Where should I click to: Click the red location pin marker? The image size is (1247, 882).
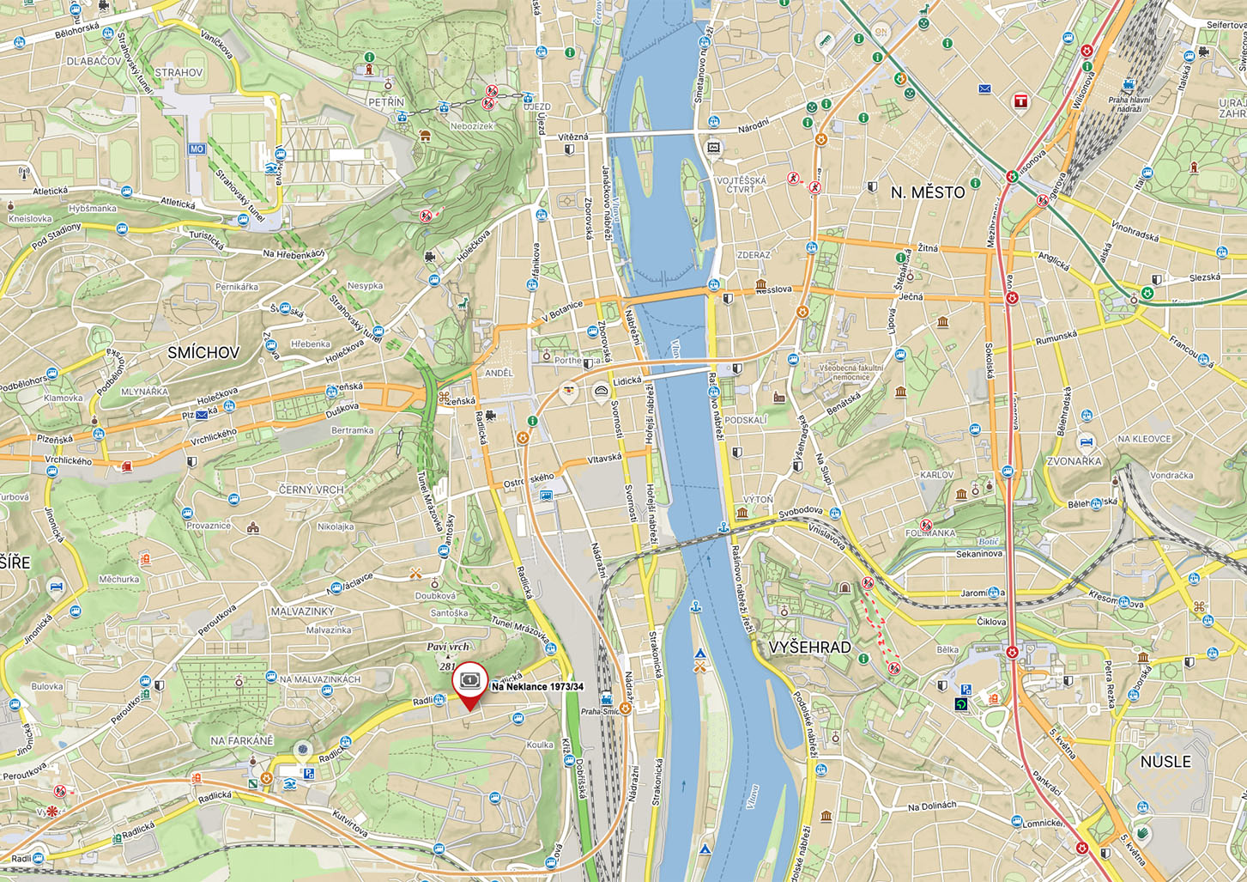(469, 684)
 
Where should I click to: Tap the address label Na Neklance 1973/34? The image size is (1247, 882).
(537, 687)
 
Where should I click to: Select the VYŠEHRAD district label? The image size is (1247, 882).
(809, 648)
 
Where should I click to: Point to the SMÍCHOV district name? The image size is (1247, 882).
(203, 353)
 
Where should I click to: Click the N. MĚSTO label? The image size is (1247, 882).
(928, 193)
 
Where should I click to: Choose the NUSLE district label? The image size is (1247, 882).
(1165, 762)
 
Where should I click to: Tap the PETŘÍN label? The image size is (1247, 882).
(386, 102)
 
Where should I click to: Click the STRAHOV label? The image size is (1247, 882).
(179, 73)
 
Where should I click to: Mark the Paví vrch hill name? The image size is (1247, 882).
(448, 647)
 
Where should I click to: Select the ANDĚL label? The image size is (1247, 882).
(499, 374)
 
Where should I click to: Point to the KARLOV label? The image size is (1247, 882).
(936, 475)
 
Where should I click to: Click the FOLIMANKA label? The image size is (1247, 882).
(929, 533)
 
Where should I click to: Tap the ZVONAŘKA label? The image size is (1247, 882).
(1074, 461)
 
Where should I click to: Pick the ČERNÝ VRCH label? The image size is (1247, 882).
(311, 490)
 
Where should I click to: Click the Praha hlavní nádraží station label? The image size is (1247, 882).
(1130, 104)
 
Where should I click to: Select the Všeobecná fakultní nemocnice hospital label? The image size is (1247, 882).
(851, 372)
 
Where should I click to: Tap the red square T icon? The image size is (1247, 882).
(1020, 101)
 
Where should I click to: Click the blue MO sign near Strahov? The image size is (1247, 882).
(197, 149)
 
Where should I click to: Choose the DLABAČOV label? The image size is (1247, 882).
(94, 61)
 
